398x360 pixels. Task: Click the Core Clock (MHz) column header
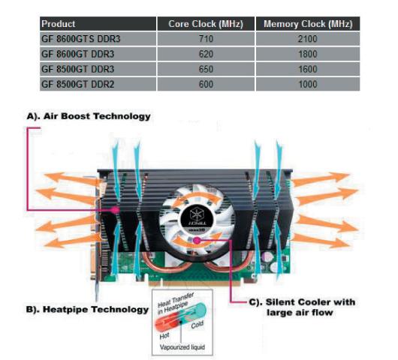206,24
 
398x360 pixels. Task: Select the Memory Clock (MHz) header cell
308,24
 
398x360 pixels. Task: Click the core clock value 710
206,39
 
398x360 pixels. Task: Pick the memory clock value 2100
308,39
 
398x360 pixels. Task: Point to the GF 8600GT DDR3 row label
77,54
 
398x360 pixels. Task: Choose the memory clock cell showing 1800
308,54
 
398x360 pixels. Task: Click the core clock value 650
206,69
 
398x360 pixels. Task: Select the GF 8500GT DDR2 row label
77,84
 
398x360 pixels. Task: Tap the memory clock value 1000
308,84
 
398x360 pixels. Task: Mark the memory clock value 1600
308,69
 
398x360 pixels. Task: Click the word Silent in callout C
279,302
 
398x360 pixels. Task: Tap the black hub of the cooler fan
197,218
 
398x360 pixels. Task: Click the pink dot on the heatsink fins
116,210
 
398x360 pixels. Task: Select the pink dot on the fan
197,241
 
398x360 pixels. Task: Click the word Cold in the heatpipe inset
197,325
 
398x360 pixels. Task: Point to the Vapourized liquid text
182,346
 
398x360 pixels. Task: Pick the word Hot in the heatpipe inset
164,336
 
